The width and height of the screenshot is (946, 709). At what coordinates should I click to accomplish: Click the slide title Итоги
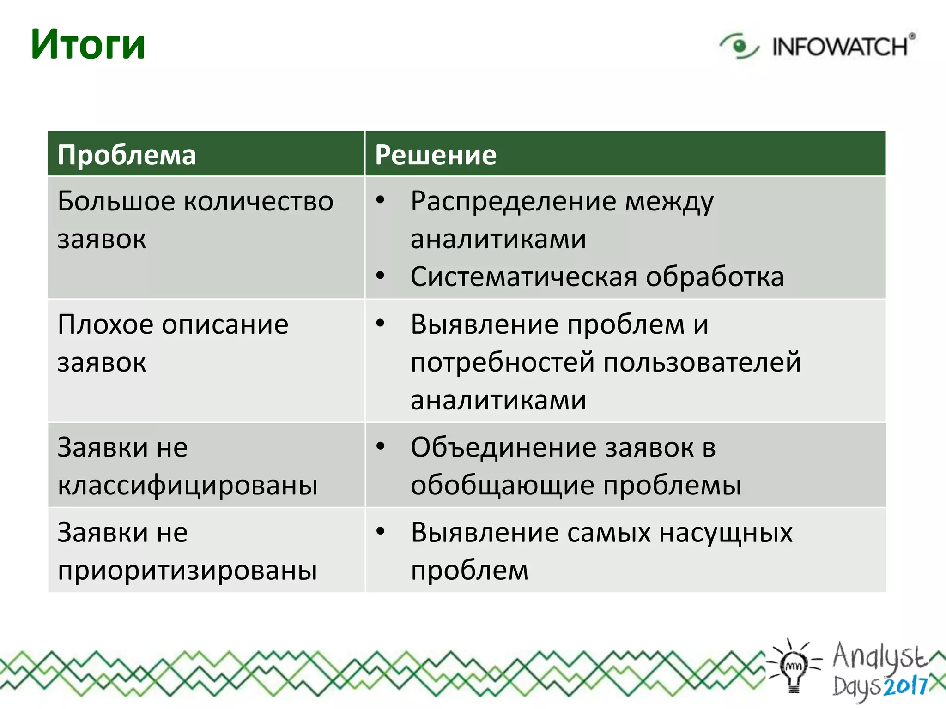88,45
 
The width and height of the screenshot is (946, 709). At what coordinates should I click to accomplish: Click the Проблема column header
127,155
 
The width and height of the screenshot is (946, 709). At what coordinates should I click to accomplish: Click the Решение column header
436,155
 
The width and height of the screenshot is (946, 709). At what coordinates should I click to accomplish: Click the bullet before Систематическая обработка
380,276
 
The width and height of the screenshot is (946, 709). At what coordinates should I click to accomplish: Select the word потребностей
503,362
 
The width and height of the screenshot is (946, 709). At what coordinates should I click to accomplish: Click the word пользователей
702,362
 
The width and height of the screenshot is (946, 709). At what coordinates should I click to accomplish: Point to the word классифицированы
188,486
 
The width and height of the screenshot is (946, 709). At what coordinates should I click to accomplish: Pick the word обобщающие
503,486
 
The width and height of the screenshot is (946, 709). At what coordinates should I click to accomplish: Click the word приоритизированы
188,571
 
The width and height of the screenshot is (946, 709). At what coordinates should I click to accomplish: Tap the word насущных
726,533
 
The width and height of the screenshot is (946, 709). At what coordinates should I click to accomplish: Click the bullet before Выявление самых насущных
380,532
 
